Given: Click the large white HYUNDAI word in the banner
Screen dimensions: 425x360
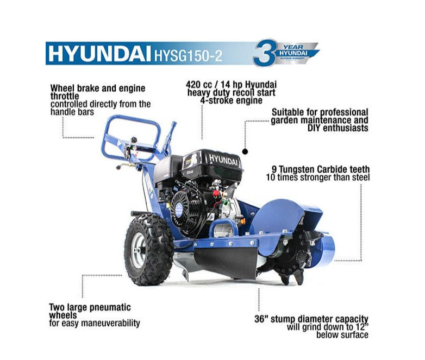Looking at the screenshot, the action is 99,53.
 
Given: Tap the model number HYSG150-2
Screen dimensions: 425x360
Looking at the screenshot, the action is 188,55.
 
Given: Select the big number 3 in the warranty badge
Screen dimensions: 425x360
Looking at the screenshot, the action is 264,53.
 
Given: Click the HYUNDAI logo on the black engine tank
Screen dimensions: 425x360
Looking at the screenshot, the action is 223,160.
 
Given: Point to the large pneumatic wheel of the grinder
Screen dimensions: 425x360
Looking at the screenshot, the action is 148,249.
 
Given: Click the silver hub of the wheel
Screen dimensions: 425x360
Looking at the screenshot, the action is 139,250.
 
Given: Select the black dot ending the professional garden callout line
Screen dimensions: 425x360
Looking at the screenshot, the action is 245,151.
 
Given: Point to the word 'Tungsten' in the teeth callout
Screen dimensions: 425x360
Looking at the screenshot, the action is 297,169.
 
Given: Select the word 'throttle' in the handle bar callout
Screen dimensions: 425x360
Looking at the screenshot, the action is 65,96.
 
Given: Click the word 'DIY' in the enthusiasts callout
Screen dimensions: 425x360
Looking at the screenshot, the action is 314,128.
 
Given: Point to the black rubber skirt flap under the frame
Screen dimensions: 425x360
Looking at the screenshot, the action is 226,262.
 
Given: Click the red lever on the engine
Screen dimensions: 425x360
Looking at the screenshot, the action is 216,193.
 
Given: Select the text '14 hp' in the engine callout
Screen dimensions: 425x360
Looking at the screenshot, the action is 234,84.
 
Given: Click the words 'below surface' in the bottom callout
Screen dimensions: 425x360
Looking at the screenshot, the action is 342,335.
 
